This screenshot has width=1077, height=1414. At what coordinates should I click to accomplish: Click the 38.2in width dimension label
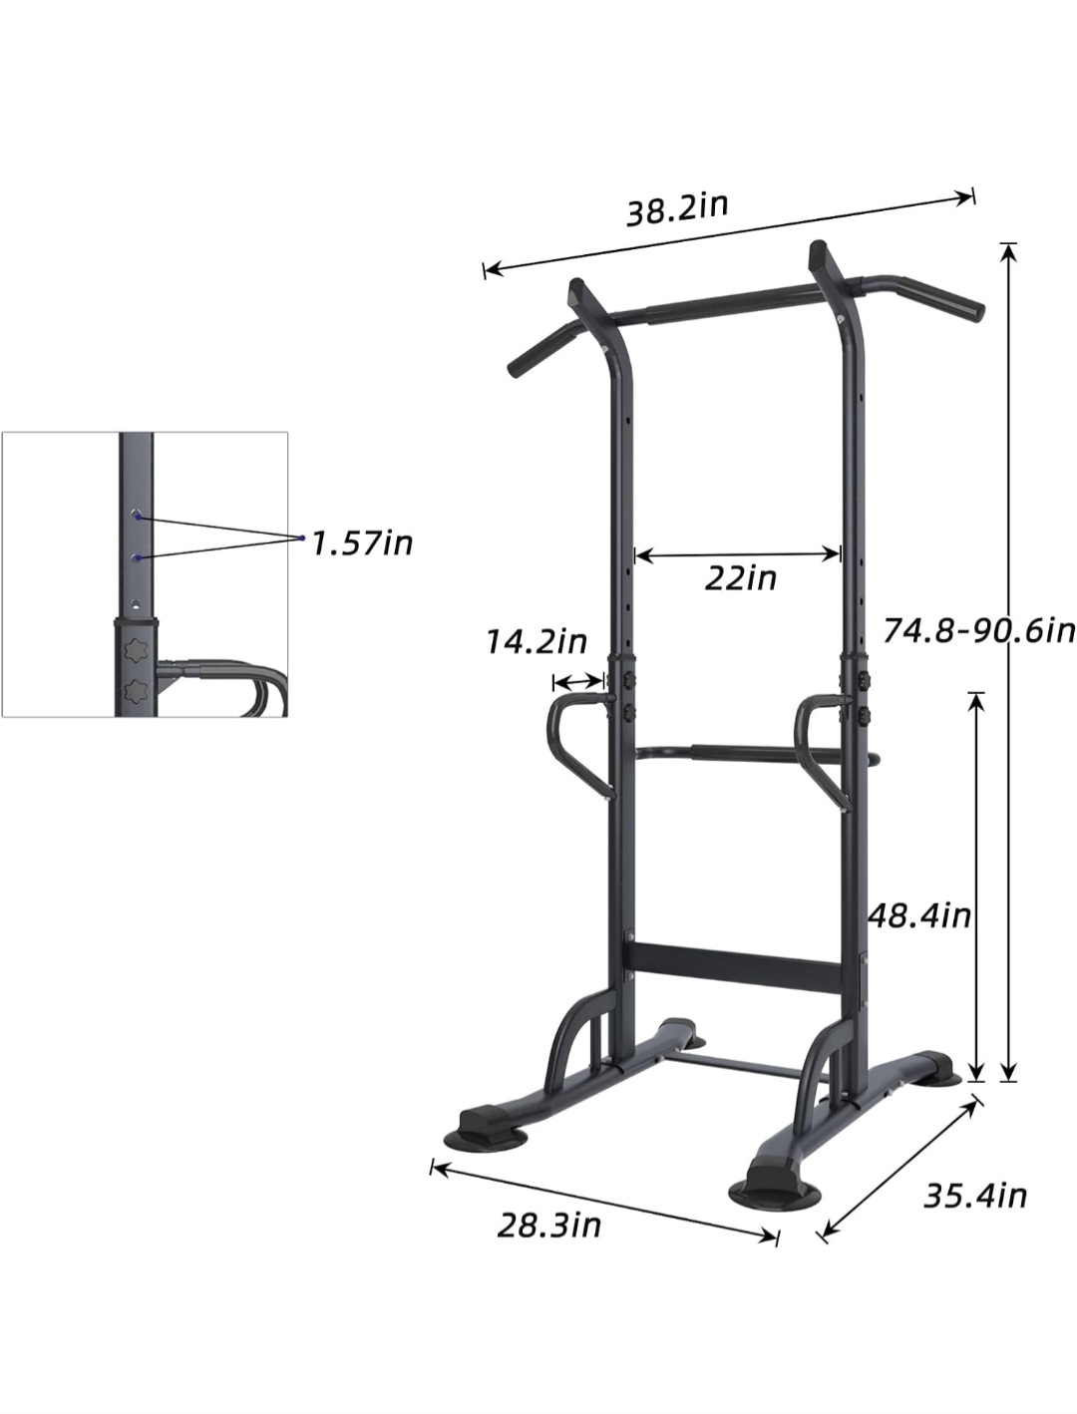tap(677, 209)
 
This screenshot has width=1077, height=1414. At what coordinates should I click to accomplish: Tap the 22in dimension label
tap(740, 577)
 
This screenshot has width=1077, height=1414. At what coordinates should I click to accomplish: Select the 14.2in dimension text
tap(537, 641)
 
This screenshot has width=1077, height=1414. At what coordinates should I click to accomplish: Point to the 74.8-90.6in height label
tap(978, 629)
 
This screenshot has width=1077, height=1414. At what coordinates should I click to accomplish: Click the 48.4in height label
tap(918, 914)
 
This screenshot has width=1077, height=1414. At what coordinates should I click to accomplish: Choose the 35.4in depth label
tap(974, 1195)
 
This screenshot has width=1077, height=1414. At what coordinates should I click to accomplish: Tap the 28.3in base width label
tap(549, 1225)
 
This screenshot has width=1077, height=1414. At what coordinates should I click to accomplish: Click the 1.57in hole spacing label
tap(361, 543)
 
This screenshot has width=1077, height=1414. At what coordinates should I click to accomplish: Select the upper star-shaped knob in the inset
tap(136, 649)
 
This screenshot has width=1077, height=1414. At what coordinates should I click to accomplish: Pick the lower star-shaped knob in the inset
tap(136, 689)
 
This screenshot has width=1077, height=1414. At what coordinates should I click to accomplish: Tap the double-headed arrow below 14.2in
tap(577, 681)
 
